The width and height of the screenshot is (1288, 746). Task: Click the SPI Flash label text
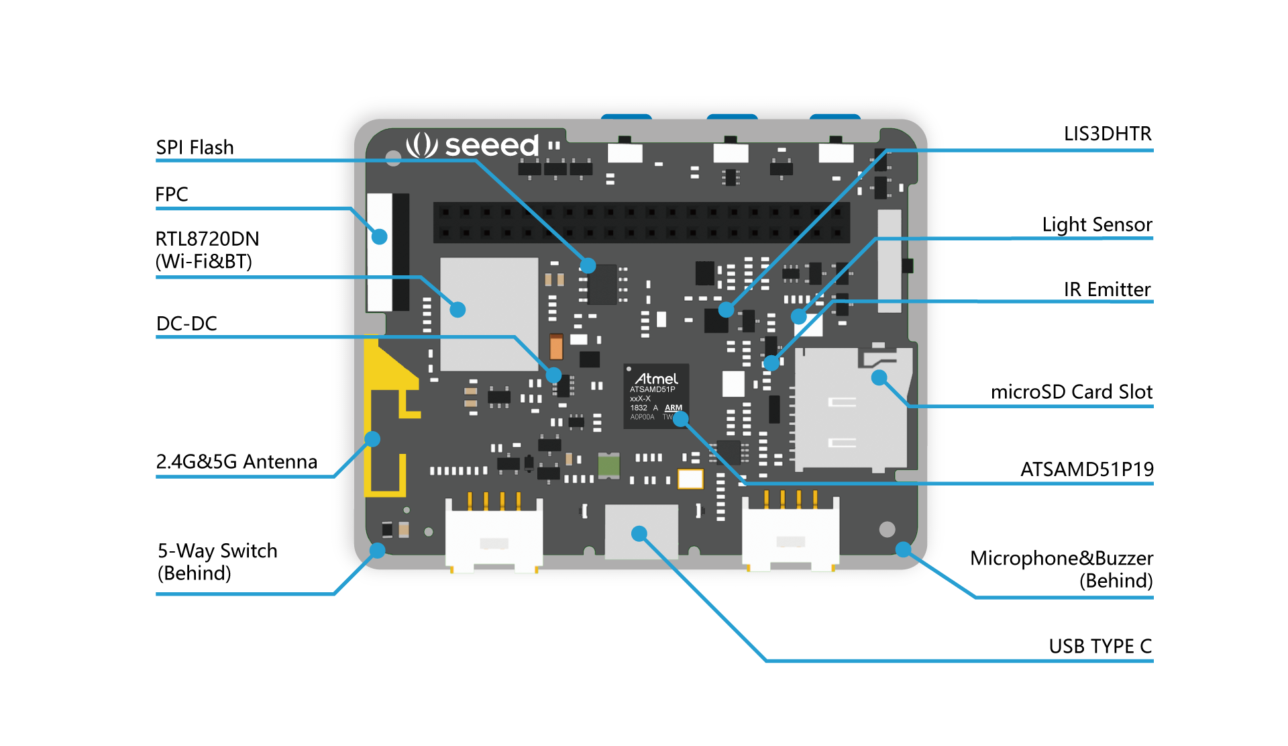[x=195, y=147]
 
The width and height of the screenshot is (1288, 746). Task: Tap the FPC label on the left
[x=171, y=194]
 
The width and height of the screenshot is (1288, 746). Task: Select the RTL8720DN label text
[x=207, y=239]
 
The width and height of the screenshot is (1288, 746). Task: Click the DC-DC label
[x=186, y=323]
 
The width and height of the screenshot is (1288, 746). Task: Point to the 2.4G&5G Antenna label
[x=236, y=461]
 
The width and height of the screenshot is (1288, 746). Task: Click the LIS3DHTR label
[x=1107, y=134]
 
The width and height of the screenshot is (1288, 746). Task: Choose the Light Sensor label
[x=1097, y=224]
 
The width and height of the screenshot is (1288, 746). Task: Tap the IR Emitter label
[x=1107, y=289]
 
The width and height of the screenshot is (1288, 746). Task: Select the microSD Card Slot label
[x=1071, y=391]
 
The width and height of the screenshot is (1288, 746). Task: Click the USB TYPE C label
[x=1100, y=646]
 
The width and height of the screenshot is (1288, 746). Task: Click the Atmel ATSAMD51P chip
[x=655, y=396]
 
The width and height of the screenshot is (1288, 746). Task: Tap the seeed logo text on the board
[x=491, y=145]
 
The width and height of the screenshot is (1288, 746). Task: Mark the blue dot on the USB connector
[x=639, y=534]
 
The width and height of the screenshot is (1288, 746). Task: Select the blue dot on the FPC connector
[x=380, y=236]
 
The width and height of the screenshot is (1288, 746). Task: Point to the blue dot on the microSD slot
[x=879, y=378]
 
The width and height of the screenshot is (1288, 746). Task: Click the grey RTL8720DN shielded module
[x=488, y=314]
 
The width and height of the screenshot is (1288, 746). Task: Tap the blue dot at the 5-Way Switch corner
[x=378, y=551]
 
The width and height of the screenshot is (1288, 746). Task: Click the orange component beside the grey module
[x=556, y=347]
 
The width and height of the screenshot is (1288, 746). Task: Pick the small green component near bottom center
[x=608, y=465]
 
